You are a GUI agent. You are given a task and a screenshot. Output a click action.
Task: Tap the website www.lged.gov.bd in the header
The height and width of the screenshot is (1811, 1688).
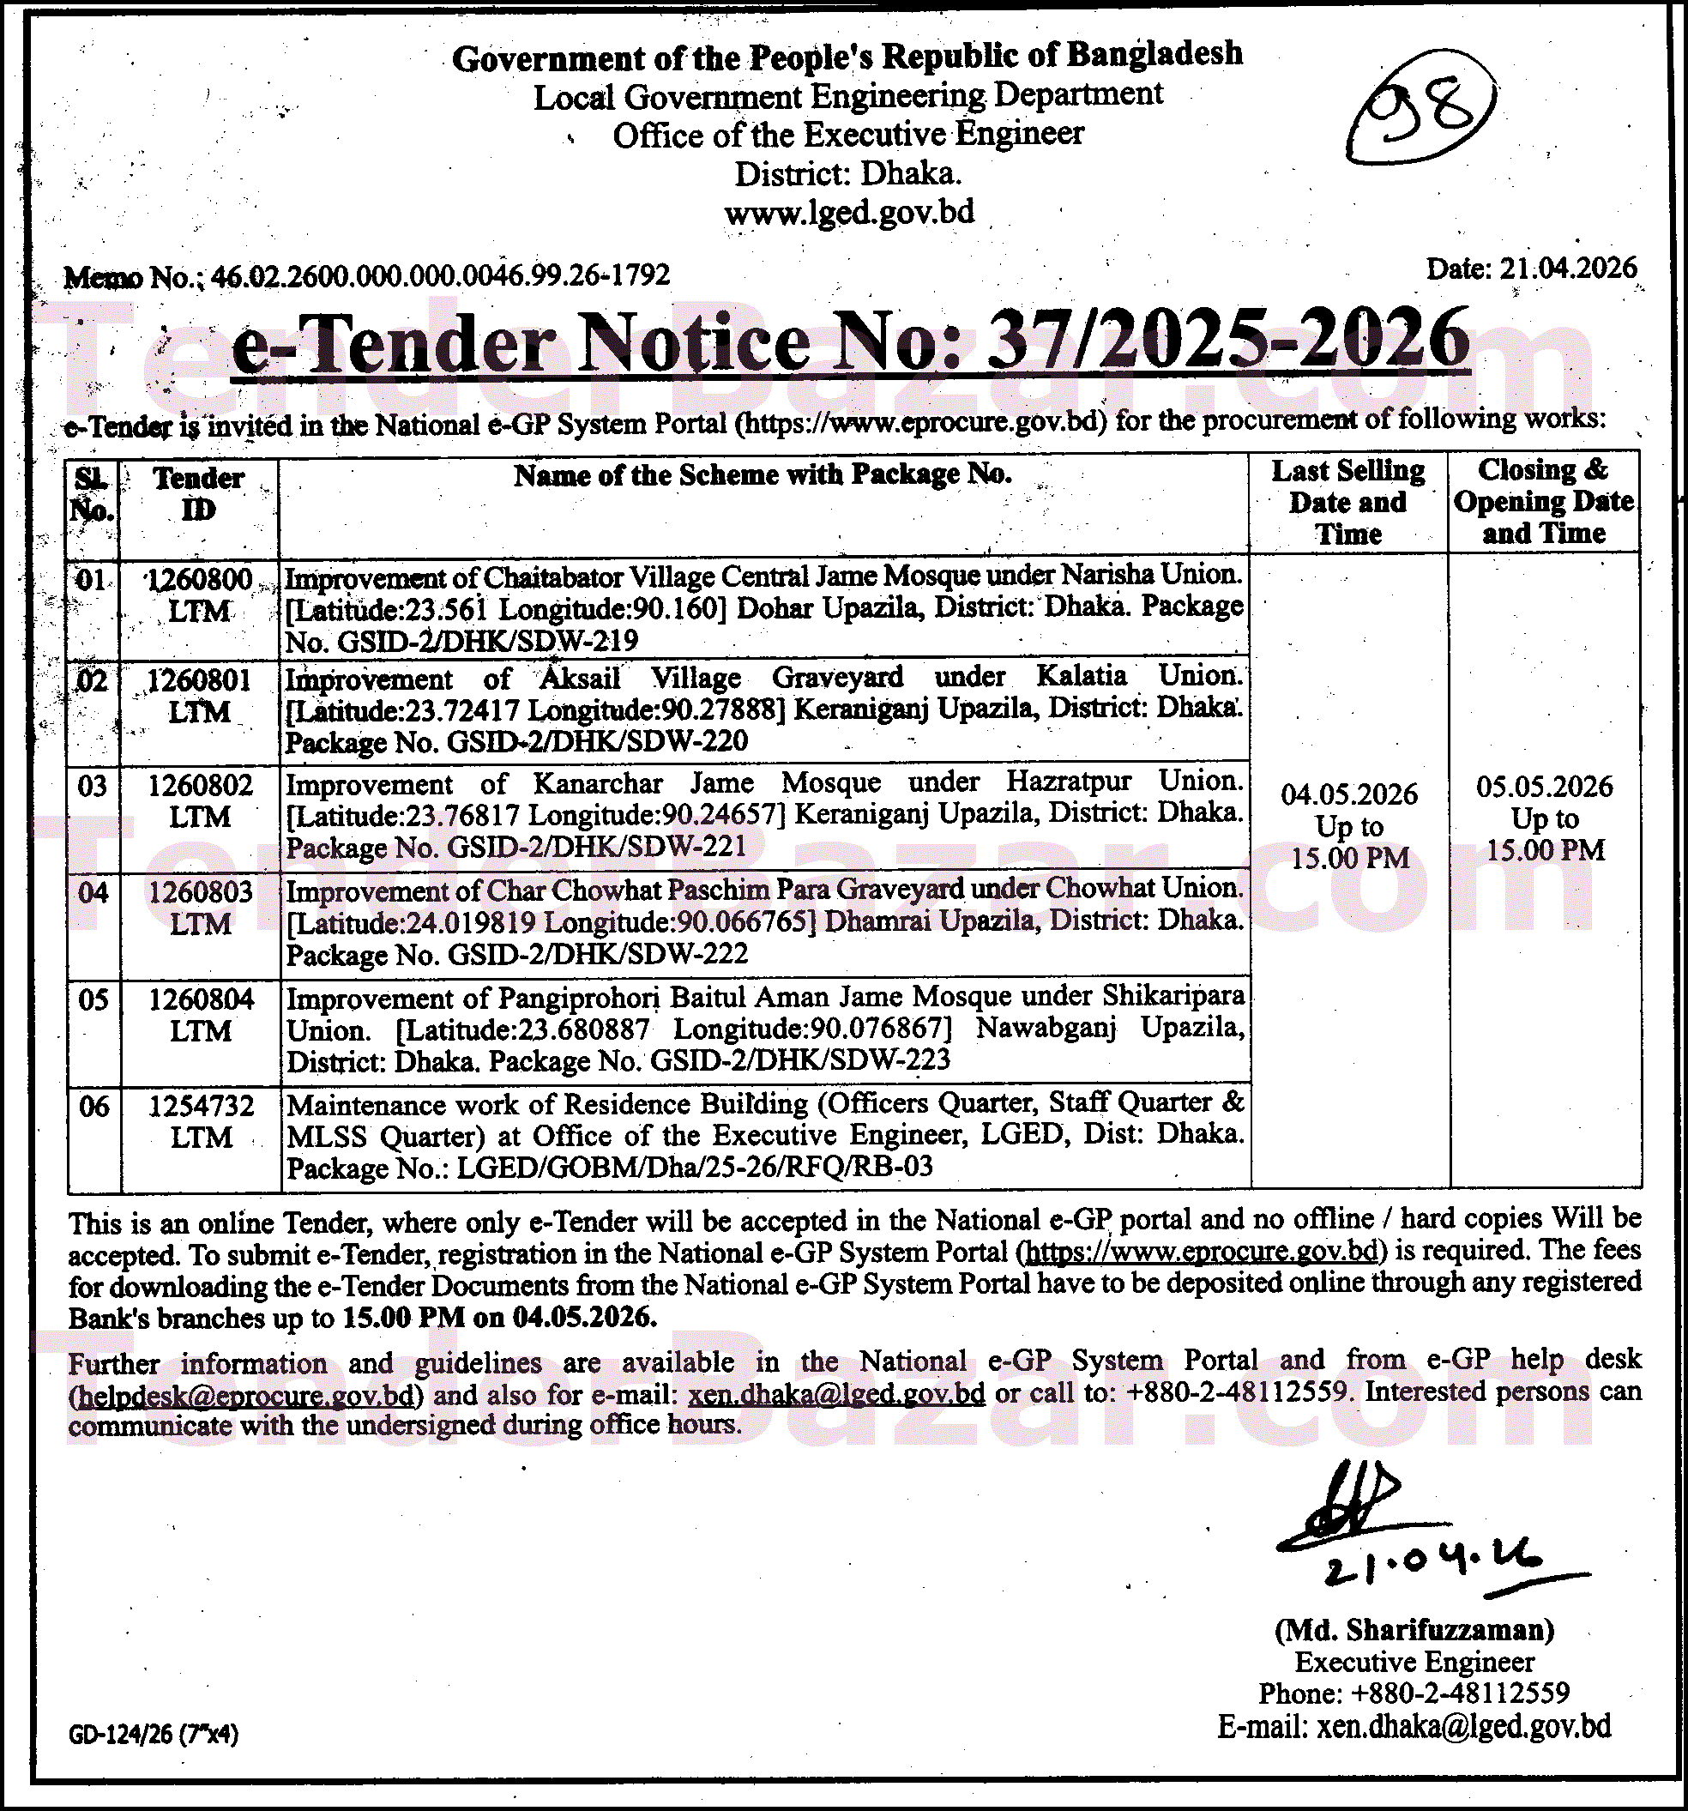(849, 212)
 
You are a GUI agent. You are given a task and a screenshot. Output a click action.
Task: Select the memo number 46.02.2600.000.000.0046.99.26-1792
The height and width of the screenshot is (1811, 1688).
(441, 275)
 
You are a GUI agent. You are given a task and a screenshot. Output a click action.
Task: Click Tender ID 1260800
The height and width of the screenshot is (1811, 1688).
(200, 579)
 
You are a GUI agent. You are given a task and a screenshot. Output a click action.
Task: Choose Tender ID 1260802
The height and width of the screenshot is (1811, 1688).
(201, 785)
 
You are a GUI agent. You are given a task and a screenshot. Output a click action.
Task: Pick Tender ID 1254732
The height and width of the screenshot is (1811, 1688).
(202, 1106)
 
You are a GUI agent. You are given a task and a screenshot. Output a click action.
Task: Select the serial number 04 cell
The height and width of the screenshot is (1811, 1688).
(93, 892)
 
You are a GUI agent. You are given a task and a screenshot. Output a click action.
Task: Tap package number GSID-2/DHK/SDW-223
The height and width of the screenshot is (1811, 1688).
(801, 1059)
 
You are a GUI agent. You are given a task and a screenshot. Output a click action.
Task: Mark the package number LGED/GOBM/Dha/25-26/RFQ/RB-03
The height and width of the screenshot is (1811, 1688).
(694, 1167)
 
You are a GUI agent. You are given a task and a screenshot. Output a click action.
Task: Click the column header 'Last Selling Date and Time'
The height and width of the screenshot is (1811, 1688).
(1348, 502)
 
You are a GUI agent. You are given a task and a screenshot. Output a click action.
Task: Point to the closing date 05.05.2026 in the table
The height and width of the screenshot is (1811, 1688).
(1544, 786)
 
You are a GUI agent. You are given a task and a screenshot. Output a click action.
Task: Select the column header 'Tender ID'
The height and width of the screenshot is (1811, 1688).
(199, 494)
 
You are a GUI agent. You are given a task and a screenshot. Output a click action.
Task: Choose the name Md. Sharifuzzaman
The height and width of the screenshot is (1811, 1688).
(1414, 1630)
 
